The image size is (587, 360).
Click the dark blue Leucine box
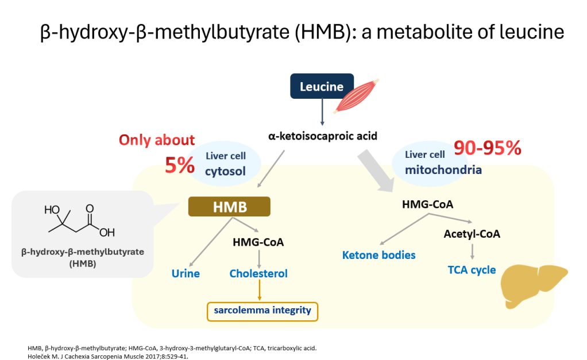[x=322, y=86]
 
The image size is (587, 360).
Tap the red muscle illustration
[x=356, y=96]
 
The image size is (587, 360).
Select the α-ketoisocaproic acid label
[x=323, y=136]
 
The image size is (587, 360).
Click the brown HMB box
[x=229, y=207]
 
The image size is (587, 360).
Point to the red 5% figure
[x=180, y=165]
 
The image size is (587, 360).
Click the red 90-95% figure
[x=488, y=148]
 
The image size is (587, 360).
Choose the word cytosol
[x=225, y=172]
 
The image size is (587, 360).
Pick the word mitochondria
[x=443, y=170]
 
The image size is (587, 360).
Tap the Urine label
[x=186, y=273]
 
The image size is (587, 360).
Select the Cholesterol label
[x=258, y=273]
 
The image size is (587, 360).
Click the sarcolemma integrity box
[x=262, y=311]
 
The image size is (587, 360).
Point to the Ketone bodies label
[x=379, y=256]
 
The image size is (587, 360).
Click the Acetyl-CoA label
[x=472, y=234]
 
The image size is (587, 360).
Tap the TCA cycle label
[x=472, y=270]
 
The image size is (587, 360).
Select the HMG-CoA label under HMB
[x=258, y=242]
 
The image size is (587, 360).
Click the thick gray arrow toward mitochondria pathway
[x=376, y=171]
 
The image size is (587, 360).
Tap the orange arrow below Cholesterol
[x=259, y=290]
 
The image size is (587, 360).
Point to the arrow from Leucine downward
[x=322, y=112]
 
